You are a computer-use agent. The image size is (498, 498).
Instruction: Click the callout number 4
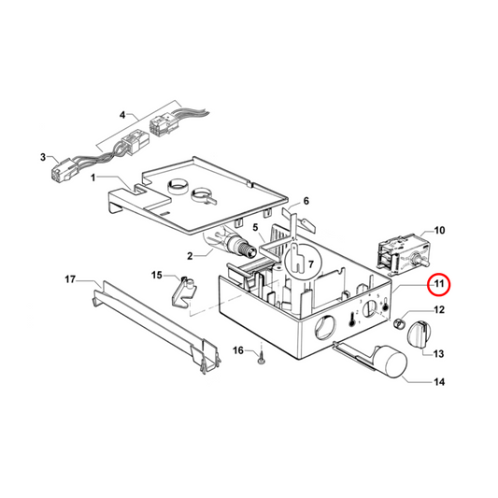[121, 116]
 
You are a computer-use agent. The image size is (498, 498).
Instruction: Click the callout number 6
[304, 201]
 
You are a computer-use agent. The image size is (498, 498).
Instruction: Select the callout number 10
[439, 230]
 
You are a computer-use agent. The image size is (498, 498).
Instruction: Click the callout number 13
[438, 353]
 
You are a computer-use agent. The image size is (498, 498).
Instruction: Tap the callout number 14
[439, 382]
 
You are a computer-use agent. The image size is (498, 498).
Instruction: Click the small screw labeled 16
[264, 356]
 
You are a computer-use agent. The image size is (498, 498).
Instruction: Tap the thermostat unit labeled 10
[396, 253]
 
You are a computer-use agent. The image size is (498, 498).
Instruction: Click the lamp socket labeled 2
[239, 248]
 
